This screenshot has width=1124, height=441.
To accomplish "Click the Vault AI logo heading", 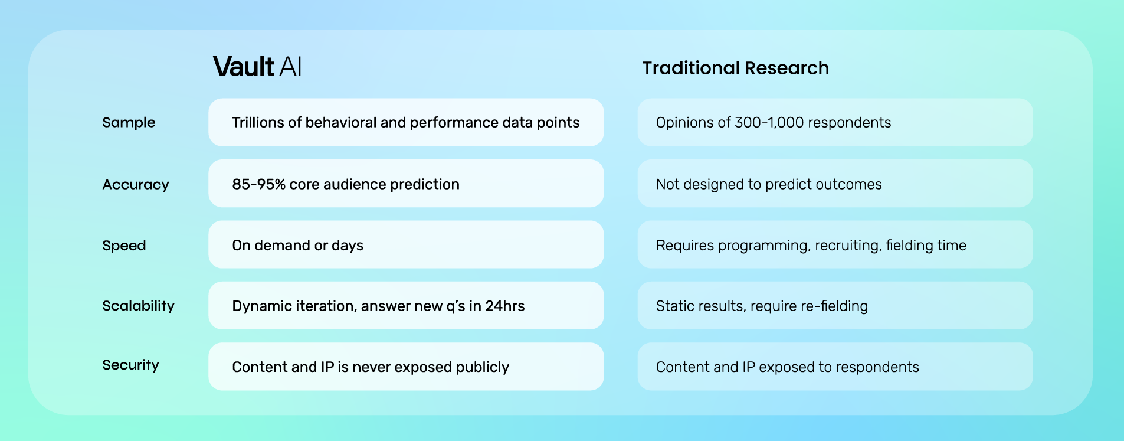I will [x=257, y=67].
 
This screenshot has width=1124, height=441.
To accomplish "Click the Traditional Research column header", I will [x=735, y=68].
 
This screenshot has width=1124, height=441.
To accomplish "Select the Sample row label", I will [x=129, y=122].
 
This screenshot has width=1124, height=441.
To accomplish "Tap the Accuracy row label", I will [x=136, y=184].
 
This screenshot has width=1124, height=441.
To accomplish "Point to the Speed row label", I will [x=124, y=245].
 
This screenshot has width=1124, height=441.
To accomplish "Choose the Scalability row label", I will [x=138, y=306].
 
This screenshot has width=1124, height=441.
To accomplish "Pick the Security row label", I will [x=130, y=365].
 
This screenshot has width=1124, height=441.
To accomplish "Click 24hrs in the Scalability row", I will [x=505, y=306].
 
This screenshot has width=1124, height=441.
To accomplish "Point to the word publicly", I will [x=482, y=367].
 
